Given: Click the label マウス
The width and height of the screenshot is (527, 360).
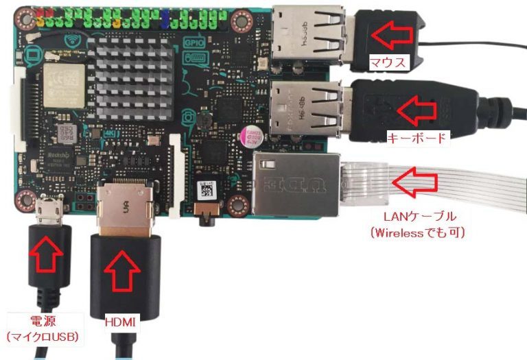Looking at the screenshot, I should [x=388, y=63].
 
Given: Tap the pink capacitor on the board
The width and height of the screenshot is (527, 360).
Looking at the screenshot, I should [x=248, y=136].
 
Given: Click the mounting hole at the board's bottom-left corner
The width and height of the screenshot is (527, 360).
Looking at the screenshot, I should [x=26, y=200].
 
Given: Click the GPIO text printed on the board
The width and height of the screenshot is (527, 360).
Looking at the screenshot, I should [x=191, y=42].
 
